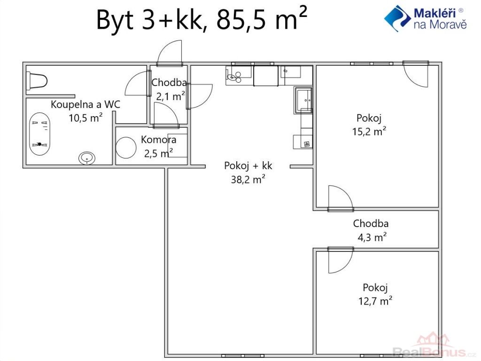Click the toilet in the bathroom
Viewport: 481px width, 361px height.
coord(37,81)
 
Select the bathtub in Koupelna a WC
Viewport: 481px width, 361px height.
coord(39,134)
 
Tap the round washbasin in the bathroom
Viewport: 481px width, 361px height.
coord(87,158)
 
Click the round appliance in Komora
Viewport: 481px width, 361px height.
coord(126,148)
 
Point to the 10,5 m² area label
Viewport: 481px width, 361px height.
coord(85,117)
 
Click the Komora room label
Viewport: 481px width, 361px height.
coord(159,140)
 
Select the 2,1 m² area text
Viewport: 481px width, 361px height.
coord(170,96)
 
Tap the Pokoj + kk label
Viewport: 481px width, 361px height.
coord(248,166)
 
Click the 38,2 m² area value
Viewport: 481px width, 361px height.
coord(248,179)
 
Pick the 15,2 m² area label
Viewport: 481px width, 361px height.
coord(369,131)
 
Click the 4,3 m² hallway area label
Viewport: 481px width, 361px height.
coord(372,237)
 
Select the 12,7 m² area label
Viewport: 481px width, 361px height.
coord(375,300)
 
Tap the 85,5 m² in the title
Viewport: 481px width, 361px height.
coord(262,19)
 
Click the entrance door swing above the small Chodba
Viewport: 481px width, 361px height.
coord(170,53)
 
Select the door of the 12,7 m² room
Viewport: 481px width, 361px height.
coord(341,260)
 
